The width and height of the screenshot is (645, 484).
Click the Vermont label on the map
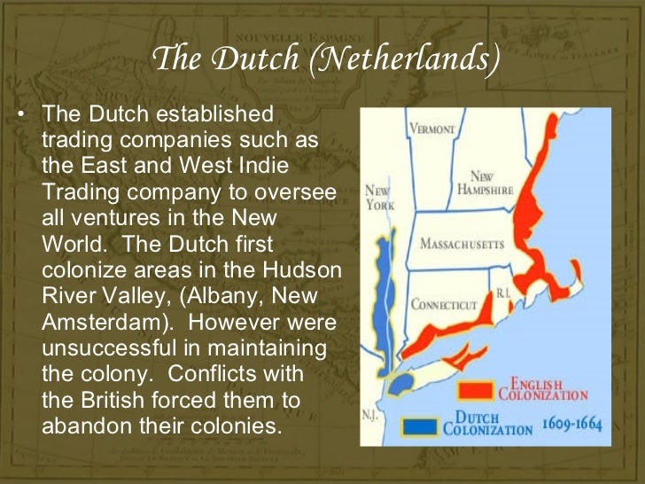pyautogui.click(x=431, y=129)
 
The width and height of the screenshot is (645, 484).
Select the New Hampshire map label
pyautogui.click(x=486, y=183)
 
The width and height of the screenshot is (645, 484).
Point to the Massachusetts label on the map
pyautogui.click(x=461, y=244)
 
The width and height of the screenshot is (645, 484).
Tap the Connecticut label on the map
pyautogui.click(x=444, y=305)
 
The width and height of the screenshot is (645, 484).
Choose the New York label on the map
pyautogui.click(x=379, y=198)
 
